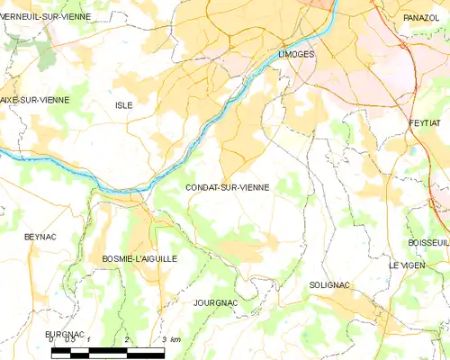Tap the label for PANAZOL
[x=421, y=17]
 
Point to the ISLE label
[x=123, y=105]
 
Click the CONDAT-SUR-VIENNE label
[x=227, y=188]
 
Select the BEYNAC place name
[x=40, y=236]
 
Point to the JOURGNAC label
[x=215, y=303]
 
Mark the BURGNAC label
[x=65, y=334]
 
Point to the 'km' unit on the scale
[x=175, y=339]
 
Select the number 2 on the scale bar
[x=127, y=339]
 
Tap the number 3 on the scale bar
[x=163, y=339]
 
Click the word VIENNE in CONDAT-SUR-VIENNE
[x=251, y=188]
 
